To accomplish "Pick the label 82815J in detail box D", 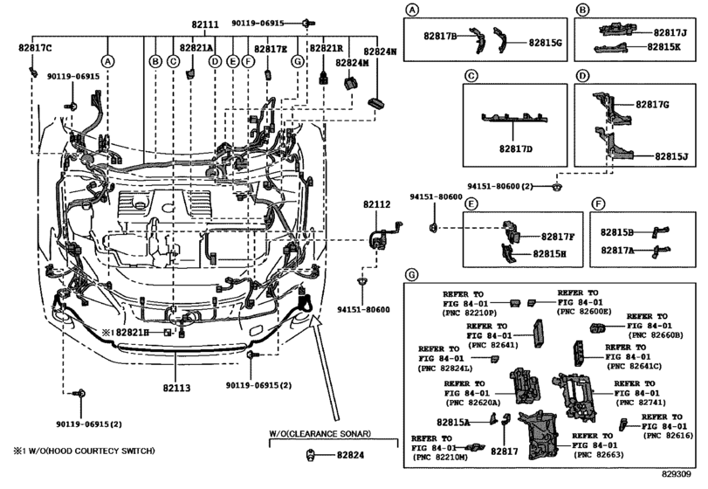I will (x=670, y=156).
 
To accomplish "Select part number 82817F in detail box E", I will (x=558, y=237).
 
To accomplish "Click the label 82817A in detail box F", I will (x=618, y=250).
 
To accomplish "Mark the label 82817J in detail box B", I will (x=670, y=32).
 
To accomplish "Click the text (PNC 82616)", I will (x=668, y=433).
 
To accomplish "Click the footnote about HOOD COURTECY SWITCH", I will (x=84, y=451).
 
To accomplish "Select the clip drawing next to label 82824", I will (x=309, y=454).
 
